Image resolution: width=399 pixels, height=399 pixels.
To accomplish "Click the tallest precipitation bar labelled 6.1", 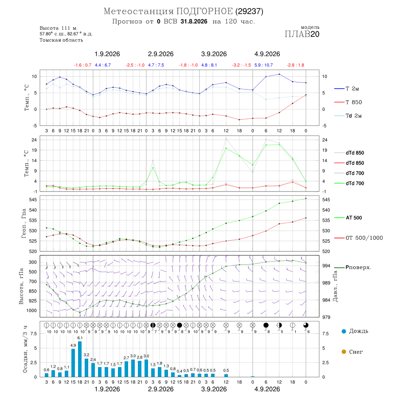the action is (80, 359).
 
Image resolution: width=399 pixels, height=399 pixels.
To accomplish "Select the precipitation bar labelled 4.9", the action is (73, 363).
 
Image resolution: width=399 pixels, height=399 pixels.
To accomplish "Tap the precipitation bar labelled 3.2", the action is (86, 368).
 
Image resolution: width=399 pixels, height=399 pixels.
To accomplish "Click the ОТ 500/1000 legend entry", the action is (359, 238).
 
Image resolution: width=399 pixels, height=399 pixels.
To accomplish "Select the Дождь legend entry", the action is (355, 331).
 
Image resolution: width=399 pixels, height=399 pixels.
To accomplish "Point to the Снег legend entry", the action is (352, 352).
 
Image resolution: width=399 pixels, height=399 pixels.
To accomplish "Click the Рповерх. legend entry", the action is (353, 267).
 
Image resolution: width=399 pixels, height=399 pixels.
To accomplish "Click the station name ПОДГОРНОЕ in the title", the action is (204, 11).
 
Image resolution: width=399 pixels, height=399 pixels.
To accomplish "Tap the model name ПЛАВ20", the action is (302, 34).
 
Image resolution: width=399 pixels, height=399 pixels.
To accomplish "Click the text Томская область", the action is (61, 40).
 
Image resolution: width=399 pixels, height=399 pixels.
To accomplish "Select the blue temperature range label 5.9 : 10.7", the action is (264, 65).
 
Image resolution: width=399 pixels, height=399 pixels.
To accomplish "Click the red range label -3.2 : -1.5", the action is (242, 65).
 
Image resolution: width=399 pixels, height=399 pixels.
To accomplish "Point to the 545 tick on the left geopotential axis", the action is (33, 200).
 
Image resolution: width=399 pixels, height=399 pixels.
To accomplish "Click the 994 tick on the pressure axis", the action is (326, 266).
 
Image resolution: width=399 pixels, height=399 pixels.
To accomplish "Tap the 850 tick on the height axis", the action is (32, 291).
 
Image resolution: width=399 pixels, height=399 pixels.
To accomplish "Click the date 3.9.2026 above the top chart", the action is (214, 54).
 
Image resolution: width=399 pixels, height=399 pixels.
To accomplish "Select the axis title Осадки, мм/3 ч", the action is (25, 349).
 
